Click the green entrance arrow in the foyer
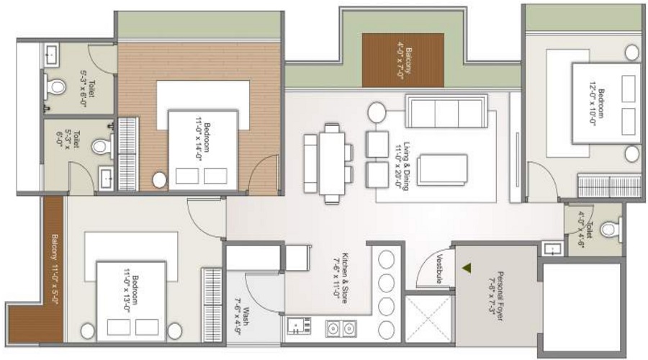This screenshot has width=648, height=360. point(467,268)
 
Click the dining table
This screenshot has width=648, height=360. point(333,163)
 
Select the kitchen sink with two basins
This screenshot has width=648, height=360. point(340,328)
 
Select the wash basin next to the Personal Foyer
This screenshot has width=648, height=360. point(552,249)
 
